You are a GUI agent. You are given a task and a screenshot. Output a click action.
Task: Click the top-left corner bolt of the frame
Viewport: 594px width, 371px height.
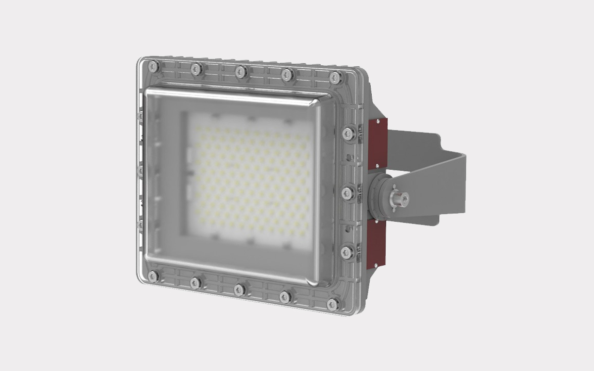153,65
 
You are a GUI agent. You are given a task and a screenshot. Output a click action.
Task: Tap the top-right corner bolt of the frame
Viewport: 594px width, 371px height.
335,77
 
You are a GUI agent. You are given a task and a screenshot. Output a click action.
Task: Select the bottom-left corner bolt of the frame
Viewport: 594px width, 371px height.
153,276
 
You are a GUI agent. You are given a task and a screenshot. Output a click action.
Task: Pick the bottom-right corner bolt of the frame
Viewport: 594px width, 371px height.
334,304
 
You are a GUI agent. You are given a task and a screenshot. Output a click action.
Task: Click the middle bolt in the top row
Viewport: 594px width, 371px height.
241,72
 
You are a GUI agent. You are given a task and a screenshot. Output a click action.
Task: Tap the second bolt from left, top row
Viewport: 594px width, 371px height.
196,69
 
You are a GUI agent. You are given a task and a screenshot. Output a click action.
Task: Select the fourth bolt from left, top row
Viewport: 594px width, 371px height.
287,75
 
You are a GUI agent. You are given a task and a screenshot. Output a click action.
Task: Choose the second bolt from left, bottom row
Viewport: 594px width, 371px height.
196,283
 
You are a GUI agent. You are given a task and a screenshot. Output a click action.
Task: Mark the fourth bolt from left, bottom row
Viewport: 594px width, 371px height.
286,297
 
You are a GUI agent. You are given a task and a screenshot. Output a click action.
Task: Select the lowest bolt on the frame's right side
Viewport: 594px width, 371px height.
347,252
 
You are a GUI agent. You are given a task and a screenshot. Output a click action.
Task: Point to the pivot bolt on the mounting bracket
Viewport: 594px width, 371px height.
398,199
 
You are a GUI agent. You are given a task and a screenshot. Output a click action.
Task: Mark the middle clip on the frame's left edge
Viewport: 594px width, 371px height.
141,171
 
